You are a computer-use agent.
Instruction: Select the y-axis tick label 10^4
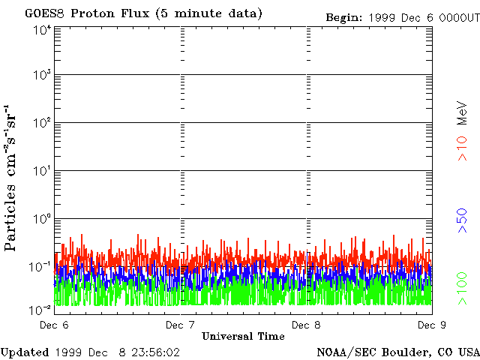click(x=41, y=30)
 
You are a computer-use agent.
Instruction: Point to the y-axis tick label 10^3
click(x=41, y=75)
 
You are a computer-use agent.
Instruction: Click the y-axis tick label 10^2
click(x=41, y=122)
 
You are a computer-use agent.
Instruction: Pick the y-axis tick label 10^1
click(x=41, y=170)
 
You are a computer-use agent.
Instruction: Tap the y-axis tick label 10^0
click(x=41, y=218)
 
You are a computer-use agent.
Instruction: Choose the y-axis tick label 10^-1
click(x=40, y=266)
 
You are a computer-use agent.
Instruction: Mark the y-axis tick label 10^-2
click(x=40, y=310)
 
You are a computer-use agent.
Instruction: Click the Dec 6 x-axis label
click(x=54, y=325)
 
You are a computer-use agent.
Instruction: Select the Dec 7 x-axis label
click(x=180, y=325)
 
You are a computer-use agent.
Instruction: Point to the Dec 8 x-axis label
click(x=306, y=325)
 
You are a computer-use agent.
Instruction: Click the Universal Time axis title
click(x=243, y=336)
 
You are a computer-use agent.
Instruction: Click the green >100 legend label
click(x=463, y=291)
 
